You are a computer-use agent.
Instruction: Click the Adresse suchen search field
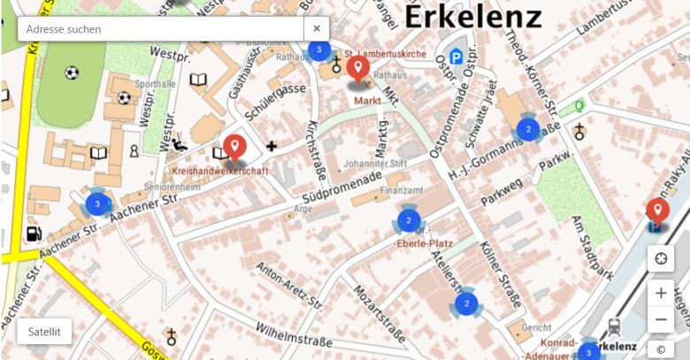click(159, 29)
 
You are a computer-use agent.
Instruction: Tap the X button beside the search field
click(317, 29)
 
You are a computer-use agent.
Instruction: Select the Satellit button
click(44, 332)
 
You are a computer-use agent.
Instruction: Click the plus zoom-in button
click(660, 293)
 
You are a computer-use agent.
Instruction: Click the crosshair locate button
click(660, 259)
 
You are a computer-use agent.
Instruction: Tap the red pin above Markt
click(358, 69)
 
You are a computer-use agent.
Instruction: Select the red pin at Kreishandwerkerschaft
click(234, 146)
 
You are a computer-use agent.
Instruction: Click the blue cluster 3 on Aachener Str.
click(97, 203)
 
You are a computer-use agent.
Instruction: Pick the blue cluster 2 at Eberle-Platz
click(408, 219)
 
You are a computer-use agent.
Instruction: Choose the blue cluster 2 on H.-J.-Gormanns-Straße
click(528, 130)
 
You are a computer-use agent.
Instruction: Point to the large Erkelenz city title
click(472, 15)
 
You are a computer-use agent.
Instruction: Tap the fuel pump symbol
click(34, 234)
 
